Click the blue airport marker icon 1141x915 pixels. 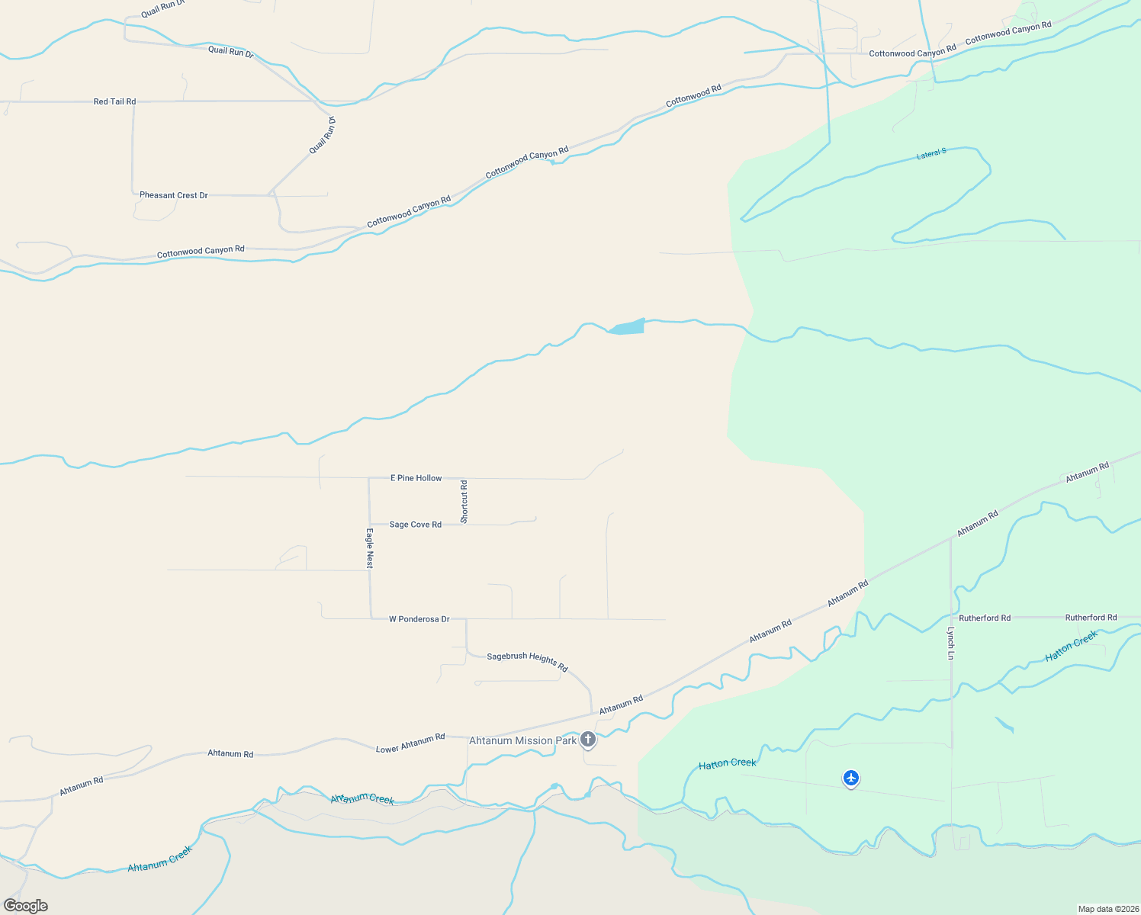click(x=851, y=778)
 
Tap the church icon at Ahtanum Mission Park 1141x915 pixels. click(x=588, y=739)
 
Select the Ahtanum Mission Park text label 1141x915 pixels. click(x=522, y=740)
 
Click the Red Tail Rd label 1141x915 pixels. click(x=114, y=101)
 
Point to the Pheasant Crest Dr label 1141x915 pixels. click(x=174, y=195)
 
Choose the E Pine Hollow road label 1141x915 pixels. click(x=416, y=478)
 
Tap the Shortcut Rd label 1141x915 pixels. click(x=464, y=501)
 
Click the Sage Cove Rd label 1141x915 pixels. click(x=415, y=525)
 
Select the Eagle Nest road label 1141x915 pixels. click(x=370, y=547)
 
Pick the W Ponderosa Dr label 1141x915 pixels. click(x=419, y=619)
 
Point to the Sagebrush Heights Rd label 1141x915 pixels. click(x=528, y=660)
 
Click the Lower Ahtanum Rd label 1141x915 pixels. click(x=410, y=743)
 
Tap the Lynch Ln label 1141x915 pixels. click(x=951, y=643)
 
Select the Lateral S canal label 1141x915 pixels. click(x=931, y=154)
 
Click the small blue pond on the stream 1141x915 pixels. click(x=628, y=327)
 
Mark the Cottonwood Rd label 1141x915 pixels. click(x=693, y=96)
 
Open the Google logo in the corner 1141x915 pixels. click(x=26, y=905)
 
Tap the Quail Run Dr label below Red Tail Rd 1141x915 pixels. click(x=323, y=135)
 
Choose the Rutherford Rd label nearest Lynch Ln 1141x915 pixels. click(x=985, y=618)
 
